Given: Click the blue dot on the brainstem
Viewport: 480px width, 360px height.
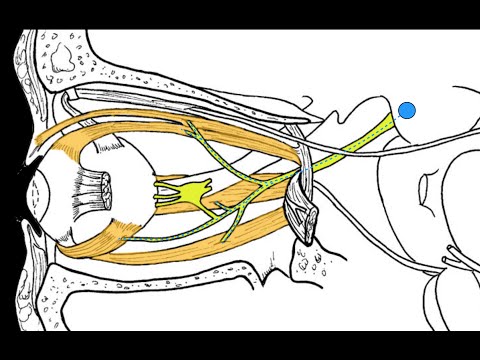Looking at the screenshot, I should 407,110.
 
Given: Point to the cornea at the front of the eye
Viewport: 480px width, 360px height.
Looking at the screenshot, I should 34,190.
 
